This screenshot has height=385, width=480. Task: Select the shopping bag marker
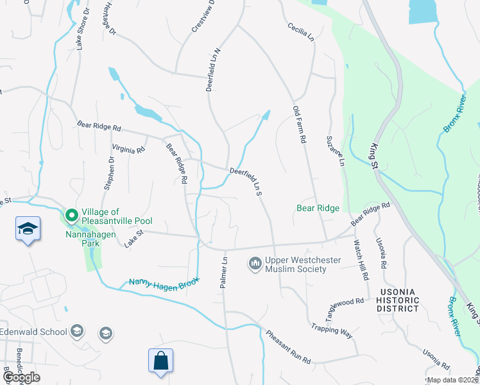tap(160, 361)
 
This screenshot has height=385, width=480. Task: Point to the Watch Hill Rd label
tap(361, 260)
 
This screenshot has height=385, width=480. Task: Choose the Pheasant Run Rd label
tap(289, 346)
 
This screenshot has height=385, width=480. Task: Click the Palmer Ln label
tap(225, 272)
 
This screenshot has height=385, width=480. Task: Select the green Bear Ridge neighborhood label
tap(318, 208)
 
